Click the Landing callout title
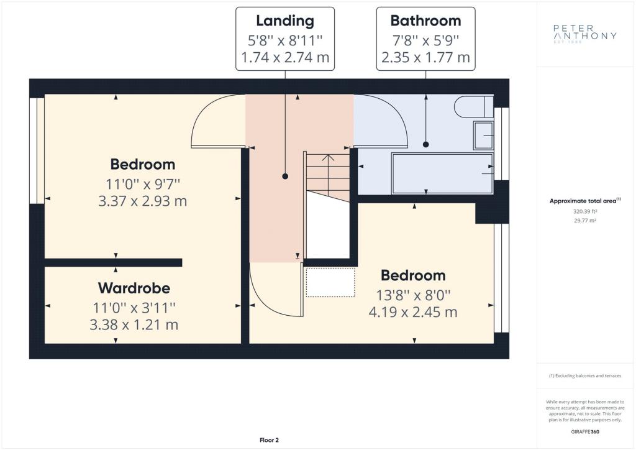285,21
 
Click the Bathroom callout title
425,21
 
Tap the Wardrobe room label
134,288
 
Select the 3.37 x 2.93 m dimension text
142,201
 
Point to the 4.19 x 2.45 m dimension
413,312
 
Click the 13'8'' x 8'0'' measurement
413,295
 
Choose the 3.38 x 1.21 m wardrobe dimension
134,324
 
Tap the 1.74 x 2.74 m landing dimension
285,58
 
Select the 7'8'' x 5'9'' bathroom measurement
425,40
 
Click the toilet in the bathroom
473,107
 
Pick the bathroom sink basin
483,135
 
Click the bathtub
442,173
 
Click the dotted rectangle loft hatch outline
330,282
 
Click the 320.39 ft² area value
585,211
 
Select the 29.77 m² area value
585,221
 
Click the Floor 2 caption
270,440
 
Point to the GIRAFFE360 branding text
585,432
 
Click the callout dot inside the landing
285,176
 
